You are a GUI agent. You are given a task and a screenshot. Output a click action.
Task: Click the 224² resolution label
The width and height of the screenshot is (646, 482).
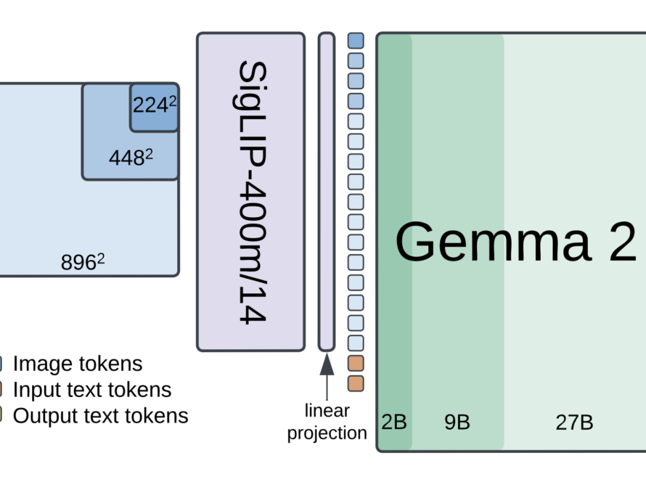click(155, 106)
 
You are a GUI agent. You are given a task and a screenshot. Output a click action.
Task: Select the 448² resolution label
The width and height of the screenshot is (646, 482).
click(131, 157)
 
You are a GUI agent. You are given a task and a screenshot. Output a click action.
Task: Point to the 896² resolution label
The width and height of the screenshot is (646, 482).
click(83, 262)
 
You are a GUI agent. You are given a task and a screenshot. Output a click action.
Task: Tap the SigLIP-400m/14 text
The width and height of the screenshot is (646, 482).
click(251, 192)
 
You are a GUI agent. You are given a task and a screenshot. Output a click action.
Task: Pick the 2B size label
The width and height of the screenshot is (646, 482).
click(394, 422)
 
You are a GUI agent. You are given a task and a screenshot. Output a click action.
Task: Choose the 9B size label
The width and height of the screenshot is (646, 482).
click(457, 422)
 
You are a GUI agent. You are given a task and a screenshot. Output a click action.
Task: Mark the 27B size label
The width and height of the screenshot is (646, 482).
click(574, 422)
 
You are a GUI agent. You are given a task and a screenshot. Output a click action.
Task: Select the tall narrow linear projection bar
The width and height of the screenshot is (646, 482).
click(327, 192)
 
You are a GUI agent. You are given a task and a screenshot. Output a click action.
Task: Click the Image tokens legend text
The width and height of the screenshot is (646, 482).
click(78, 364)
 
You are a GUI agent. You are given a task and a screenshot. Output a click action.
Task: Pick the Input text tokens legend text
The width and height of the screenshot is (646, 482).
click(92, 390)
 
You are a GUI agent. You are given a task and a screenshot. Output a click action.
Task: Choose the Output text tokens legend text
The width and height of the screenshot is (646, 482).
click(100, 416)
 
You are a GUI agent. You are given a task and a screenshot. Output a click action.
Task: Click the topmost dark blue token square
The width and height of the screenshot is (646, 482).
click(356, 40)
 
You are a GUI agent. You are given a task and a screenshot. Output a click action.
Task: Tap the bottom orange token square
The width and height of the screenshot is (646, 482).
click(356, 383)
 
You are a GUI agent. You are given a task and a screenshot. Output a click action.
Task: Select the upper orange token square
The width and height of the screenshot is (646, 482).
click(356, 363)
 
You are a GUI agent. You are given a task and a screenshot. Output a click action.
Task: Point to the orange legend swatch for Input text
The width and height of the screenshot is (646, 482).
click(1, 390)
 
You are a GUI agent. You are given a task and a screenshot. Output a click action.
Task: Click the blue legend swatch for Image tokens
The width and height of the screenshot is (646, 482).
click(1, 364)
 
